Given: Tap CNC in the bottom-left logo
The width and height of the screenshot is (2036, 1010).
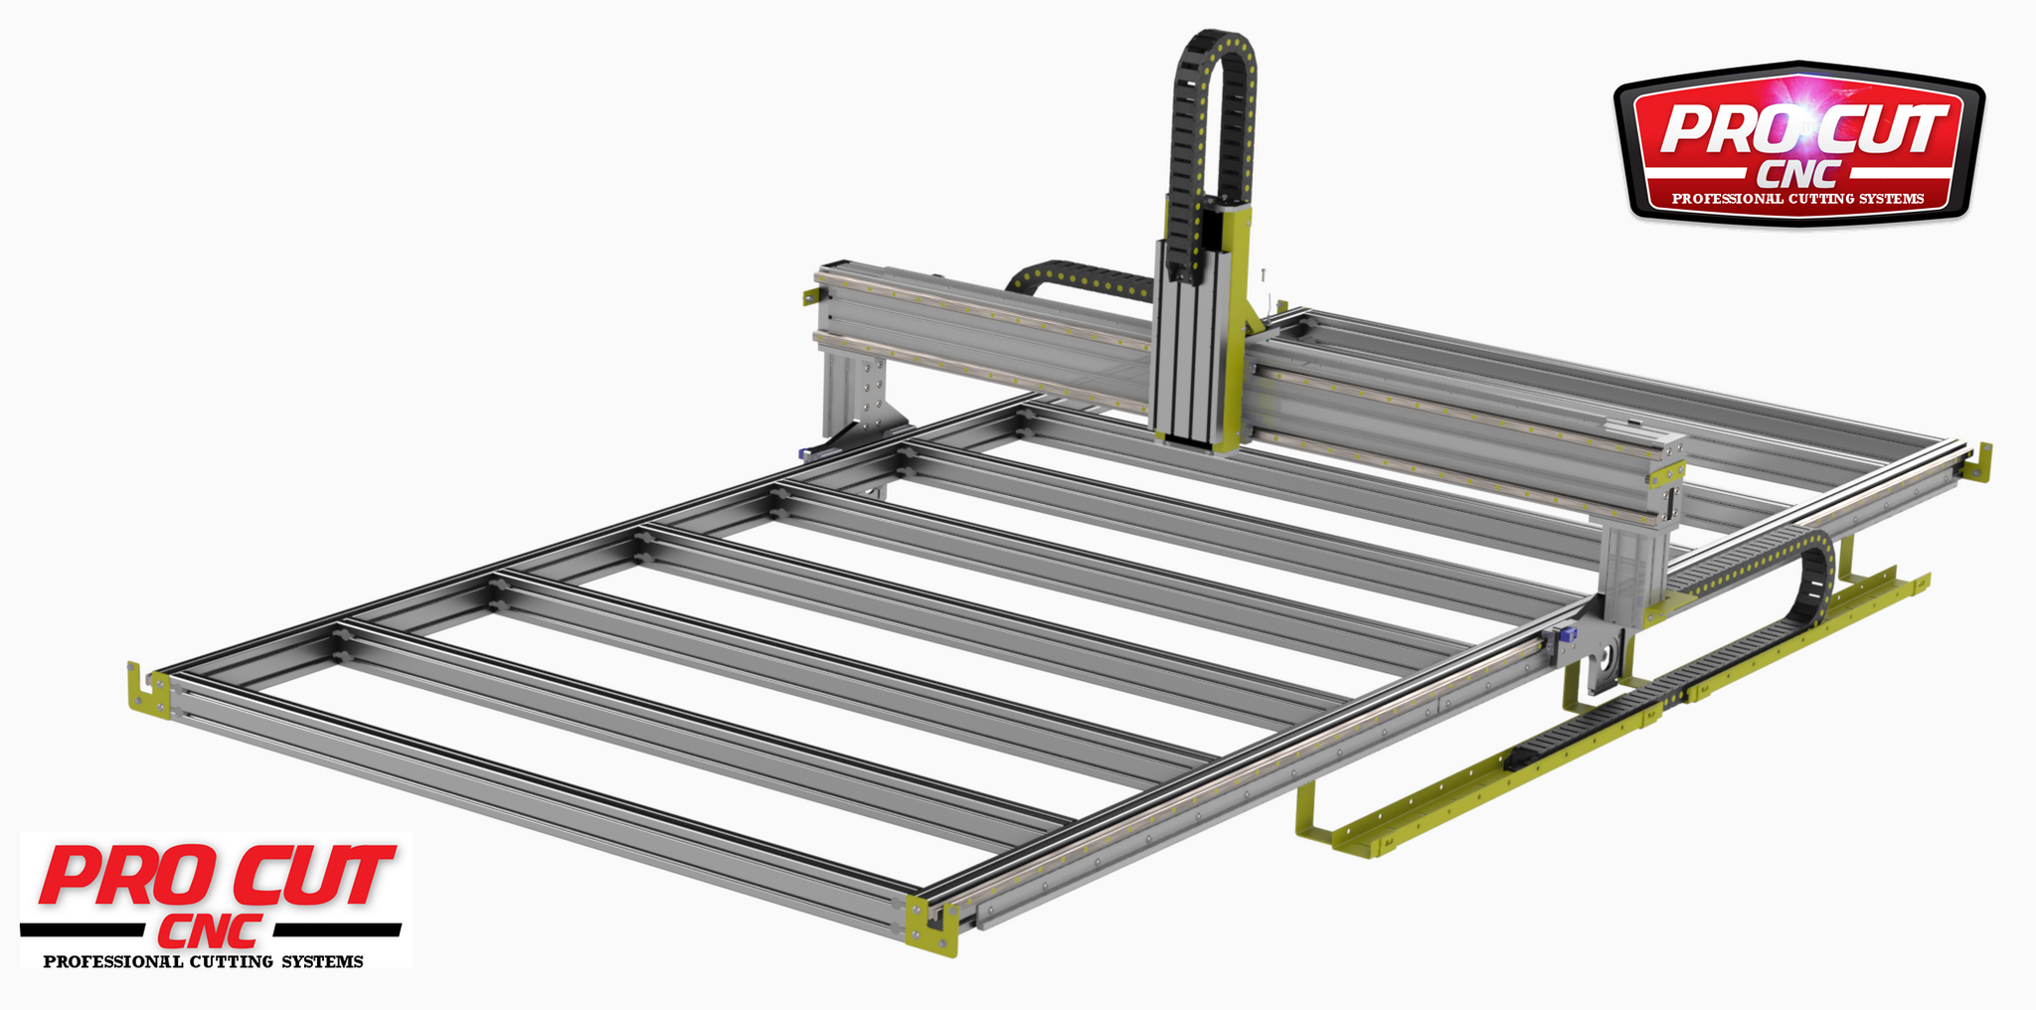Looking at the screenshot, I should coord(211,931).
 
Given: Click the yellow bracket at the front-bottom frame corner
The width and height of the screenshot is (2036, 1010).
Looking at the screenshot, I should coord(931,926).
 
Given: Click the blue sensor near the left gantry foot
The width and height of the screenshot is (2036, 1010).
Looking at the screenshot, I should coord(805,453).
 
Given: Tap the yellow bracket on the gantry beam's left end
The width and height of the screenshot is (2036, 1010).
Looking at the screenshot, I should coord(811,296).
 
